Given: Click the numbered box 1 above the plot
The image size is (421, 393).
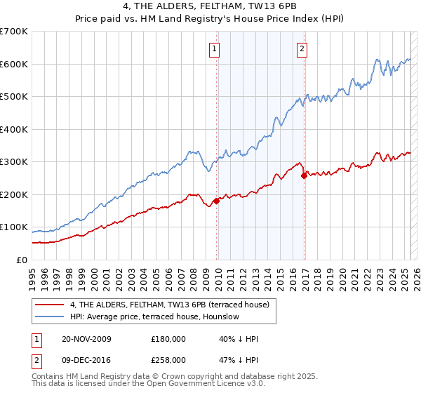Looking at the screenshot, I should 213,49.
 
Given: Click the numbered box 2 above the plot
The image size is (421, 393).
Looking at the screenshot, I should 301,49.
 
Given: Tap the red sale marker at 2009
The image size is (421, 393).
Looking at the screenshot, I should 216,201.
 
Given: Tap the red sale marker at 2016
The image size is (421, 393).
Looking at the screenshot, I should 304,176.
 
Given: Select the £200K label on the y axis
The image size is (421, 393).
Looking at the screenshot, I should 14,194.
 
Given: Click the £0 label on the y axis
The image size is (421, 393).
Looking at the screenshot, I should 22,260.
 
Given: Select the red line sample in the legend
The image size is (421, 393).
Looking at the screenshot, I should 50,304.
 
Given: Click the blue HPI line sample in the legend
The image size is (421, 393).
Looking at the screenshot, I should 50,317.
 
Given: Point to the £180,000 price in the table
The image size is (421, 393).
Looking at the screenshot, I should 168,339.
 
